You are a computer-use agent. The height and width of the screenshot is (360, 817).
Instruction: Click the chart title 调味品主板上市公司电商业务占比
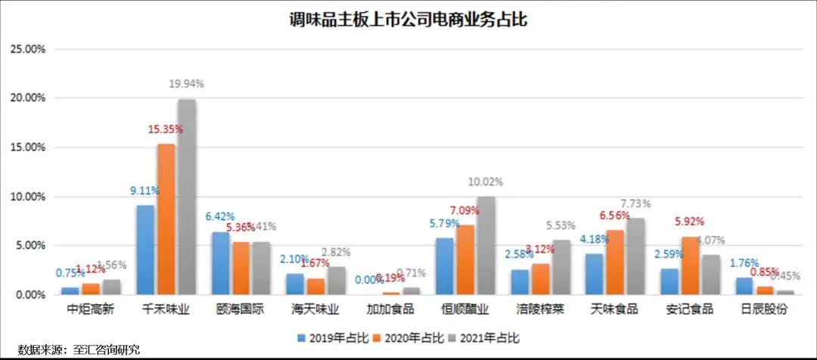pyautogui.click(x=408, y=20)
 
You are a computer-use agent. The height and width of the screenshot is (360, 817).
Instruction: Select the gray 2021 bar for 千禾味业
pyautogui.click(x=186, y=197)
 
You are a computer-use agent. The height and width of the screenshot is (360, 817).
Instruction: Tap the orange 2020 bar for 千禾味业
pyautogui.click(x=166, y=219)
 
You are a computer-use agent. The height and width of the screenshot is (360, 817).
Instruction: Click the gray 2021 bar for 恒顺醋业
pyautogui.click(x=486, y=246)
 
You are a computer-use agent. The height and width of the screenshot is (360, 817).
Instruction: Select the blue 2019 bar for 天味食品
pyautogui.click(x=595, y=275)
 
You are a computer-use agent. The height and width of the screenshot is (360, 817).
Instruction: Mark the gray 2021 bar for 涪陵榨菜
pyautogui.click(x=561, y=267)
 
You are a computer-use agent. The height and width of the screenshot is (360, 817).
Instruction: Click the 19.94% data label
pyautogui.click(x=185, y=83)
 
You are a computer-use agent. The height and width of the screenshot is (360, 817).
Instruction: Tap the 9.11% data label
pyautogui.click(x=144, y=191)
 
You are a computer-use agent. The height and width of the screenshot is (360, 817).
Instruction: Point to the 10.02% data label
pyautogui.click(x=485, y=182)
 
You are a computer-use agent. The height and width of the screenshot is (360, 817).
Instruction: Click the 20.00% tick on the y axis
pyautogui.click(x=27, y=98)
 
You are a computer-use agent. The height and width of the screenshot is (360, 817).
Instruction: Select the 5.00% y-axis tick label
pyautogui.click(x=30, y=246)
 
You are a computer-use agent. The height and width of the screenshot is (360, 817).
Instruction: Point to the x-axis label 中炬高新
pyautogui.click(x=90, y=309)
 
